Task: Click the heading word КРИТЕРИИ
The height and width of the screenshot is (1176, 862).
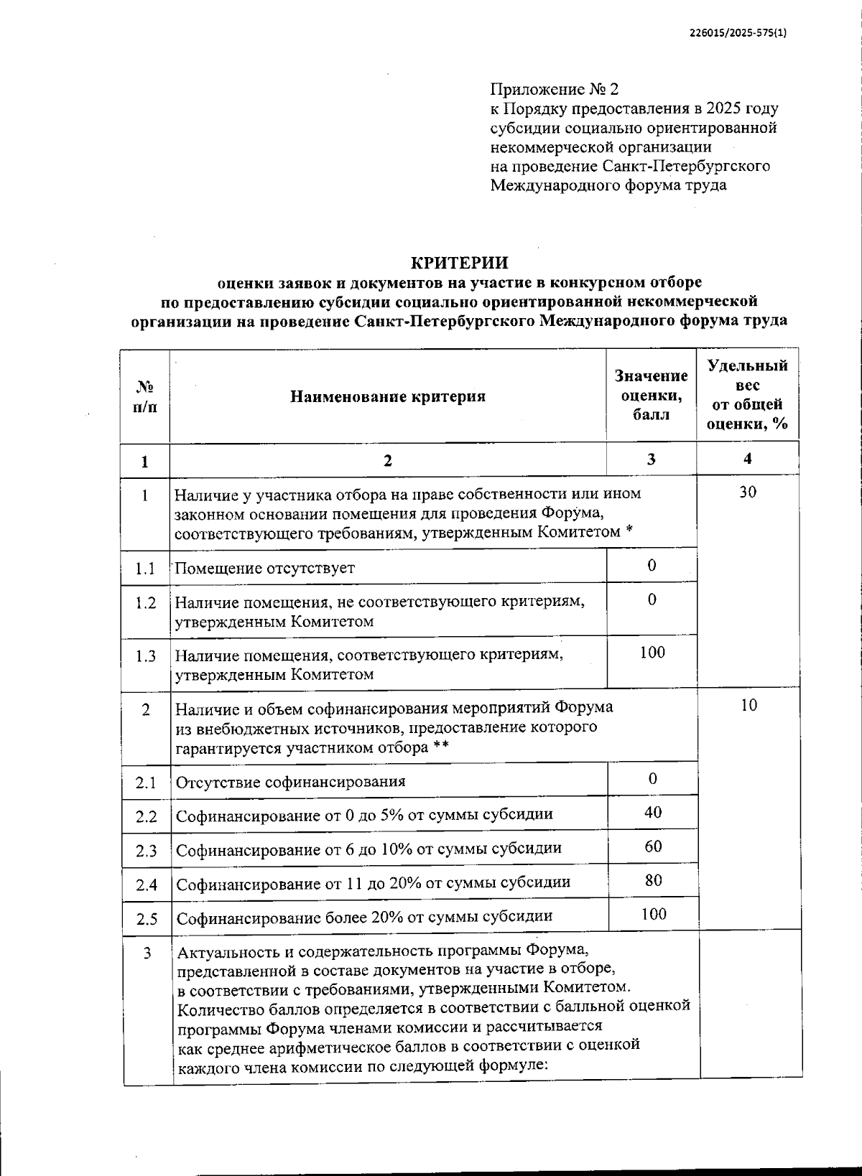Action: [459, 263]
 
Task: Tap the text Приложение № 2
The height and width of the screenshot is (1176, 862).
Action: [554, 90]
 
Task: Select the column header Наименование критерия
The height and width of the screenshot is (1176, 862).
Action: [388, 396]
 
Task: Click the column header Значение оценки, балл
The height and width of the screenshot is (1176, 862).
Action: [651, 395]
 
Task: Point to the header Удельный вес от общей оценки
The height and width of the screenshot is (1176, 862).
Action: [748, 395]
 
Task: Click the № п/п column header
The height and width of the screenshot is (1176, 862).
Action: [144, 396]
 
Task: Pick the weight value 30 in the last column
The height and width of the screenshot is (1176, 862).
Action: [748, 493]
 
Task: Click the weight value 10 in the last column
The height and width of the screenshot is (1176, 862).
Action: [749, 706]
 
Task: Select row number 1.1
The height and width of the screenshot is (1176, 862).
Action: [145, 569]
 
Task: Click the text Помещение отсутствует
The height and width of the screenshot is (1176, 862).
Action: [265, 569]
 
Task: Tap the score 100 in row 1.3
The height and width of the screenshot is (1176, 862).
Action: [652, 653]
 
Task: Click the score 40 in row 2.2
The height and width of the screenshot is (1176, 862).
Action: [653, 813]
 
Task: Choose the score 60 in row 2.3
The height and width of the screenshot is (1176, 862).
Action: [653, 846]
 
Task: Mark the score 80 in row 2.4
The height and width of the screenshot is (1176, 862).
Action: [653, 880]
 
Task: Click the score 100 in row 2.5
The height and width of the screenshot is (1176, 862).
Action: [654, 914]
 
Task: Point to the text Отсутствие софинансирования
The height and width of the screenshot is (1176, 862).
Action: [290, 782]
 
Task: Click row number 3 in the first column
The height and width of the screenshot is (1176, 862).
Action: [147, 954]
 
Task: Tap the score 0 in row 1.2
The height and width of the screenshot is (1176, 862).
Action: [652, 599]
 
